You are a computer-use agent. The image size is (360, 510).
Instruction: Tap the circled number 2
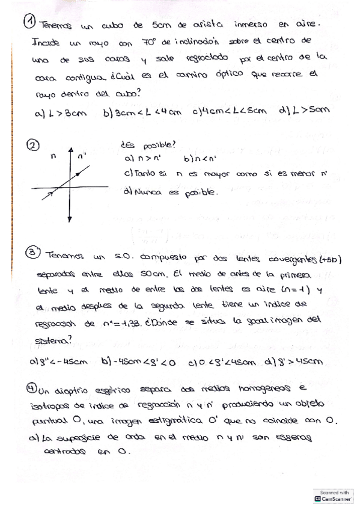[34, 145]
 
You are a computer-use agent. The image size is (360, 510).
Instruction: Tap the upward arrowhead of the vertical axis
[71, 150]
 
